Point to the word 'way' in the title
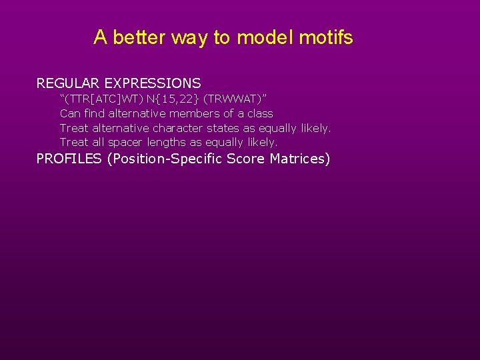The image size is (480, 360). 189,37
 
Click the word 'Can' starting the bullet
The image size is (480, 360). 71,113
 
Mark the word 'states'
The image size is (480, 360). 223,128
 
